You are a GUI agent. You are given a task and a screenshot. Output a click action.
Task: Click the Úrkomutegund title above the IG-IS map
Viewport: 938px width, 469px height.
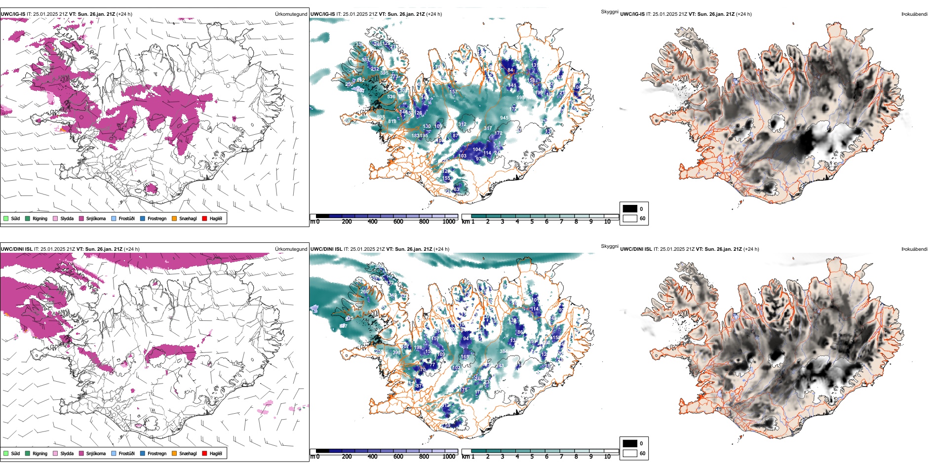291,14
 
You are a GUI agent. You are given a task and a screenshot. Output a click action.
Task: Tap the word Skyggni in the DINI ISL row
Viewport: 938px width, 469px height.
609,246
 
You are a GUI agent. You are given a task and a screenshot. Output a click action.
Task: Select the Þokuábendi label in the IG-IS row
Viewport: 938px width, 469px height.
914,14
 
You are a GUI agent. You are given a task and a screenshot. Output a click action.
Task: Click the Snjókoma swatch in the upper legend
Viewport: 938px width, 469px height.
81,218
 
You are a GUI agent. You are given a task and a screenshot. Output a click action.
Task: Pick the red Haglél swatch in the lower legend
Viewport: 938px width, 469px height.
204,453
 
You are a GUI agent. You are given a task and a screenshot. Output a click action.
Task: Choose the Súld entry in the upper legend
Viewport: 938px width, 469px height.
15,218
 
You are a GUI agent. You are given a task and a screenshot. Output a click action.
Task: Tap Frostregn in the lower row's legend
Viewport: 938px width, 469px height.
157,453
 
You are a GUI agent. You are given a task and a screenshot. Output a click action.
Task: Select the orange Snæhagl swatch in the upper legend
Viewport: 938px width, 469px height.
174,218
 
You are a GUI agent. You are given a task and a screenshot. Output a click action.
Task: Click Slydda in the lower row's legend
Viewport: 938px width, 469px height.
67,453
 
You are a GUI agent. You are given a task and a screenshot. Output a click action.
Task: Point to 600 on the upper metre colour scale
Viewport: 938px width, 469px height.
398,222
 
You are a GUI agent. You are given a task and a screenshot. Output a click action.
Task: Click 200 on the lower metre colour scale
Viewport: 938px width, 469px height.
347,457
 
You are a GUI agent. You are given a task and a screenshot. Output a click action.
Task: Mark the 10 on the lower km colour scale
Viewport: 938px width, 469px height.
607,457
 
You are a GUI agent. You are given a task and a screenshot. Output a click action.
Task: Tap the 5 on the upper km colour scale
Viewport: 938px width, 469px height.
532,222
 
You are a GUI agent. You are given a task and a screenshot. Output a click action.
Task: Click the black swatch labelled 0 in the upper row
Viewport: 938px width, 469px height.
630,209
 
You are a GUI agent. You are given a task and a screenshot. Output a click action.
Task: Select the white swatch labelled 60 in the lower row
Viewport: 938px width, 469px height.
630,453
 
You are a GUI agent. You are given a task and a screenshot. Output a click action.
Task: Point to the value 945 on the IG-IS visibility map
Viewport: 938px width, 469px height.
504,118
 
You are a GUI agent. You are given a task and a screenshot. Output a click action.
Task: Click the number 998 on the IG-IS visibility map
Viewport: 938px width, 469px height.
381,117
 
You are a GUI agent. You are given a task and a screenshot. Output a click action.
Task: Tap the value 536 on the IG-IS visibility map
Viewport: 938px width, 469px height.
391,97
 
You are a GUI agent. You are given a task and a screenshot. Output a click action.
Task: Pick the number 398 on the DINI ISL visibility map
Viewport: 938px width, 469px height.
396,352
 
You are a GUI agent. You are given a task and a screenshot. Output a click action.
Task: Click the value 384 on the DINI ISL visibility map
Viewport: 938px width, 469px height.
504,352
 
